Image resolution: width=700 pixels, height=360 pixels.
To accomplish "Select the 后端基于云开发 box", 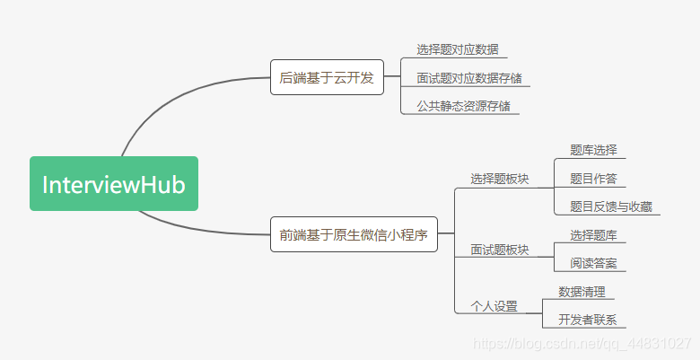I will (327, 78).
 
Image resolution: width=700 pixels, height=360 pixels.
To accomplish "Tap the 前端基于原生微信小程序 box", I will (353, 235).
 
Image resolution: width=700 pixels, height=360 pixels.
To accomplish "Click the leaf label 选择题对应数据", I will (457, 49).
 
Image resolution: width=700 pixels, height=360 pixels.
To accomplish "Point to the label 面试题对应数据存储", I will (468, 78).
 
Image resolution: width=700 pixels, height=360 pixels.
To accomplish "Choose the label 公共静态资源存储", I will (462, 106).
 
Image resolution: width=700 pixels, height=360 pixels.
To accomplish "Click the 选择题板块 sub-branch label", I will (499, 179).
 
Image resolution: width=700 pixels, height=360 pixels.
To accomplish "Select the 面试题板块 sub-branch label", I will (499, 250).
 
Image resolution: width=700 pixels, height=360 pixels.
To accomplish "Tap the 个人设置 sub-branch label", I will (494, 306).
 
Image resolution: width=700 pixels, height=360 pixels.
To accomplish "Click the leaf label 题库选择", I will (592, 150).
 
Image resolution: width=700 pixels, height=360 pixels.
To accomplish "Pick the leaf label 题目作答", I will (592, 178).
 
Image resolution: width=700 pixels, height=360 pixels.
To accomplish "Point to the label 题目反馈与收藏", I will (610, 206).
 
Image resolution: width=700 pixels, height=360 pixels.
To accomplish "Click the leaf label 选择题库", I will (592, 235).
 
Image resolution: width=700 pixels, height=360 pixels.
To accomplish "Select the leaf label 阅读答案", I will (592, 264).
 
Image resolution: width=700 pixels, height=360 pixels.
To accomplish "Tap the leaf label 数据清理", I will (581, 292).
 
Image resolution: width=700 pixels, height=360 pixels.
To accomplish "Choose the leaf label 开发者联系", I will (587, 320).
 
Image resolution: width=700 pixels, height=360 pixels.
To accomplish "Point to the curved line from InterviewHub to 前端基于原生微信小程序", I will (206, 229).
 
